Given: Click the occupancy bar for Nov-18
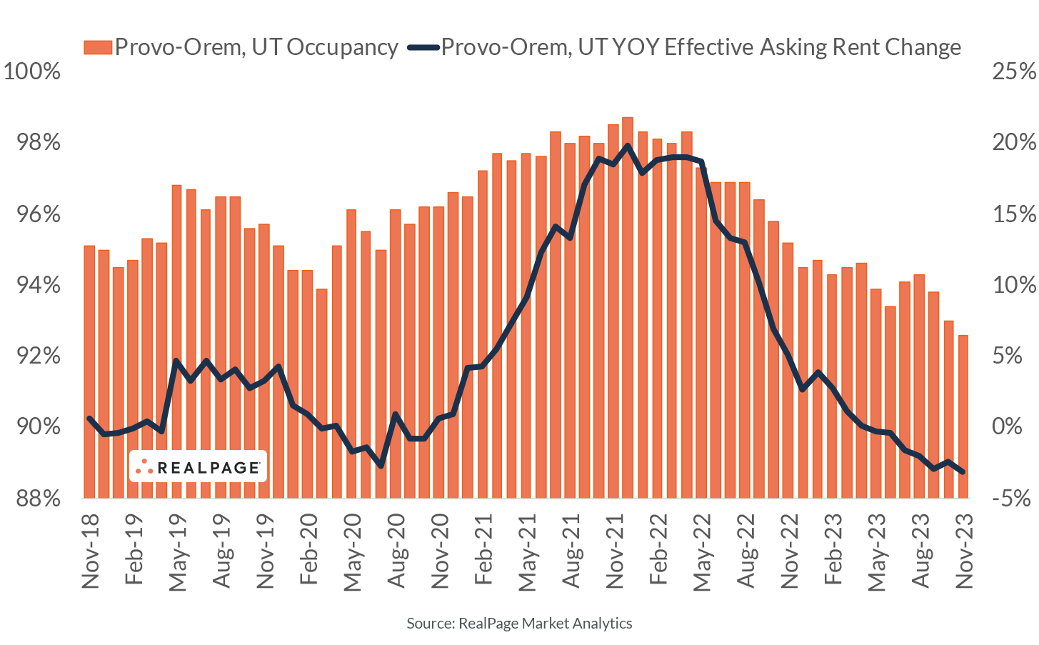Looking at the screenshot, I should (x=89, y=371).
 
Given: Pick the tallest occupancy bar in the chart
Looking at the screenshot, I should (x=628, y=307).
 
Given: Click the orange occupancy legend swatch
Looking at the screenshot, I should (x=98, y=47).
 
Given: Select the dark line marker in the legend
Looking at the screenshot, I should (x=423, y=47).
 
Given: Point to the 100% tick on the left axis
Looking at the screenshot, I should (x=32, y=71).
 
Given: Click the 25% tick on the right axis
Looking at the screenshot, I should (x=1013, y=71).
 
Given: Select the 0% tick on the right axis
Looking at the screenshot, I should (x=1013, y=426).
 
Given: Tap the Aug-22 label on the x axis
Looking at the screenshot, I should (x=745, y=551).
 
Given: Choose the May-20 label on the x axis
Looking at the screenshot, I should (x=352, y=552).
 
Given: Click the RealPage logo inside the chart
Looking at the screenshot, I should (x=198, y=467).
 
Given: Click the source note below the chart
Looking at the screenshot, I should (x=519, y=624).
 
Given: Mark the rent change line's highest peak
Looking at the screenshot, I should (x=628, y=146).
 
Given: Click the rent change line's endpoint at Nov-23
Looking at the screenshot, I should (x=963, y=471).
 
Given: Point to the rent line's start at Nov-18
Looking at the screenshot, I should (x=89, y=419).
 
